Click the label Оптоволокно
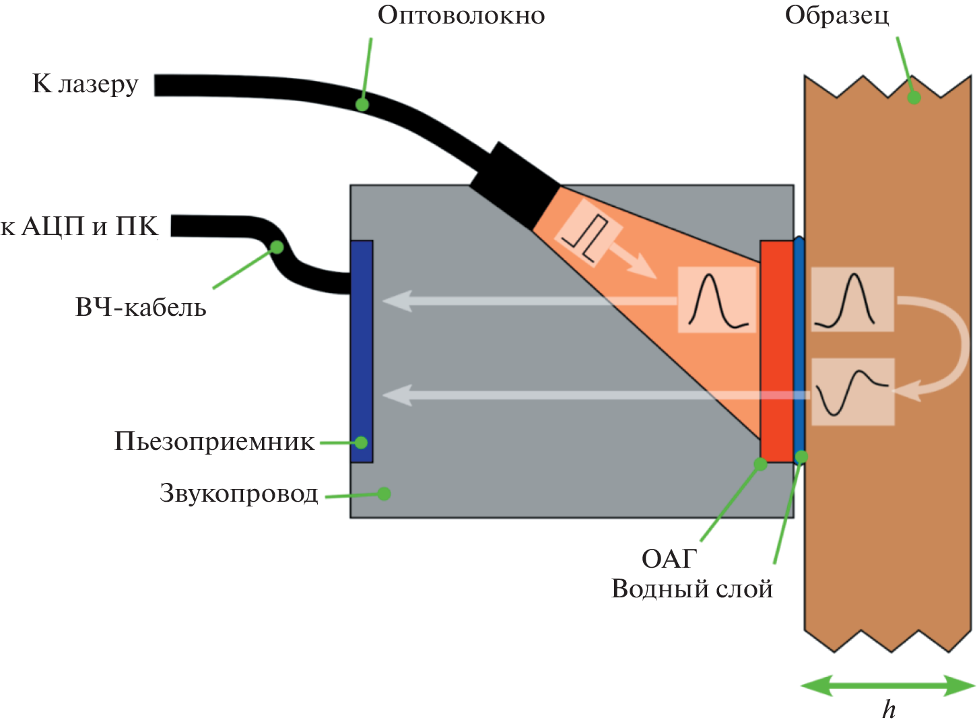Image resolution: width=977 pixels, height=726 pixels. (461, 15)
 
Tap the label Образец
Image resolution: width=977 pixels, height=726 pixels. (837, 15)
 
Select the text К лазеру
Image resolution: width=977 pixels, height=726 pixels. (86, 84)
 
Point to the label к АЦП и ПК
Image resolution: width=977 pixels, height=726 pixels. (79, 227)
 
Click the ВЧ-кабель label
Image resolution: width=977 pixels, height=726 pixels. (141, 308)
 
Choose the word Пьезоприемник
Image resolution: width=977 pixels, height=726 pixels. (214, 442)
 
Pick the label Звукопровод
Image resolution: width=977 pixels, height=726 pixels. (238, 494)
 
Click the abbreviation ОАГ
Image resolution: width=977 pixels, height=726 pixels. (669, 558)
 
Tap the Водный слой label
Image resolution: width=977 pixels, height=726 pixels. (692, 589)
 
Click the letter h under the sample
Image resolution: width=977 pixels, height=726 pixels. (889, 710)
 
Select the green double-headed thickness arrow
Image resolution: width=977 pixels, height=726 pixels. (887, 686)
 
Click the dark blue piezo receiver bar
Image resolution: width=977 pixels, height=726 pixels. (362, 350)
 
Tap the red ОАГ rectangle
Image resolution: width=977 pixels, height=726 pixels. (777, 350)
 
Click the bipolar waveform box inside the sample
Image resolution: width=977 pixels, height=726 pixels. (852, 392)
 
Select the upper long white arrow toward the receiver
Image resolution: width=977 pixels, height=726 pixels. (529, 300)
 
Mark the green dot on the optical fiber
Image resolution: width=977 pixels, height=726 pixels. (362, 104)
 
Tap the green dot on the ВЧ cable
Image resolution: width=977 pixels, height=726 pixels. (277, 247)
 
